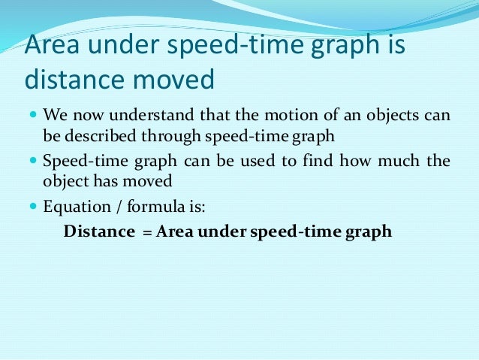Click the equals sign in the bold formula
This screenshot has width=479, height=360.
[x=147, y=232]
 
